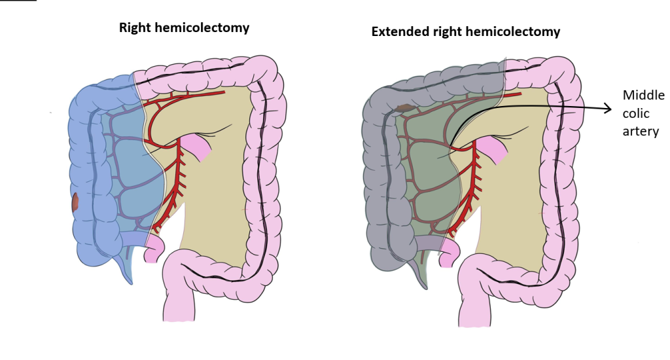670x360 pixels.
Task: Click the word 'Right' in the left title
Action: click(x=135, y=28)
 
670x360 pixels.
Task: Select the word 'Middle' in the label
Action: click(x=644, y=95)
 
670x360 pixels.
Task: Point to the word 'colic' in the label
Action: click(x=636, y=113)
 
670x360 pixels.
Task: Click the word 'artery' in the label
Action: click(x=641, y=132)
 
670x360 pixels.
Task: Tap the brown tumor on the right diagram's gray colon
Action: click(x=403, y=108)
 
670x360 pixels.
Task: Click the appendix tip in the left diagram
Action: click(x=130, y=282)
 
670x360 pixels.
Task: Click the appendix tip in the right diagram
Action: click(x=425, y=287)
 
